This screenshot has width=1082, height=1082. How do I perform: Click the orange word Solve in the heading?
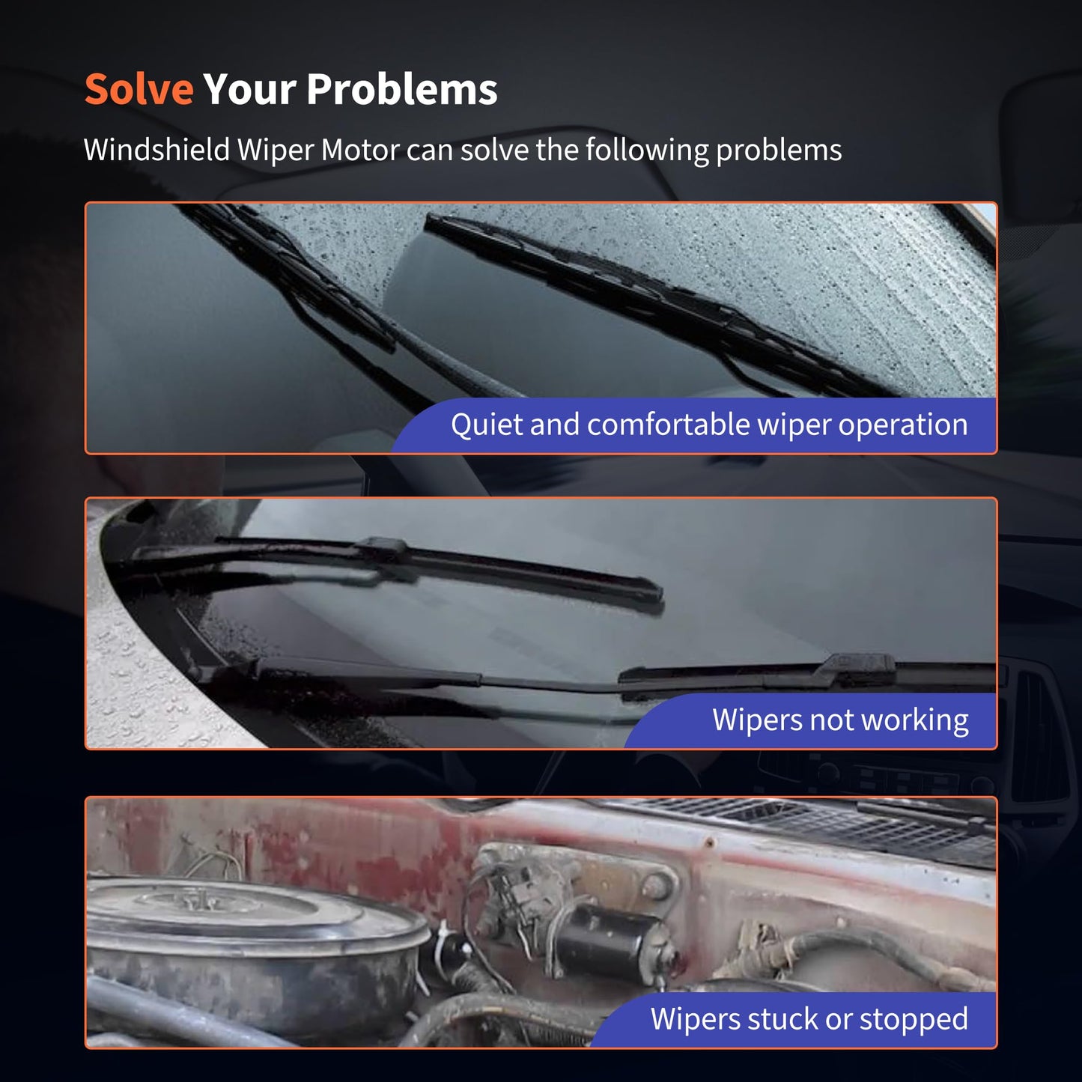point(139,89)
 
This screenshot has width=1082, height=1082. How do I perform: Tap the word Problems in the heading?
point(402,89)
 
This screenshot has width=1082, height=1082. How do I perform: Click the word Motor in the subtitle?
point(360,151)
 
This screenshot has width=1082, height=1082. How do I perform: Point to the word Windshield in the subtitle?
point(156,151)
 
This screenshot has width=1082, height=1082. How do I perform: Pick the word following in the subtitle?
point(647,151)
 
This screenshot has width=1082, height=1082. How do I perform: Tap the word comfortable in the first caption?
point(668,424)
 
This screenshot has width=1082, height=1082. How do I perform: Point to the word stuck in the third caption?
point(780,1018)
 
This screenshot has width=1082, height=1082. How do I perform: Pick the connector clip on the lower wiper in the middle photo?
point(858,666)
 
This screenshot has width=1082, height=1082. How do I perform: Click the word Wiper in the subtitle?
point(275,151)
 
